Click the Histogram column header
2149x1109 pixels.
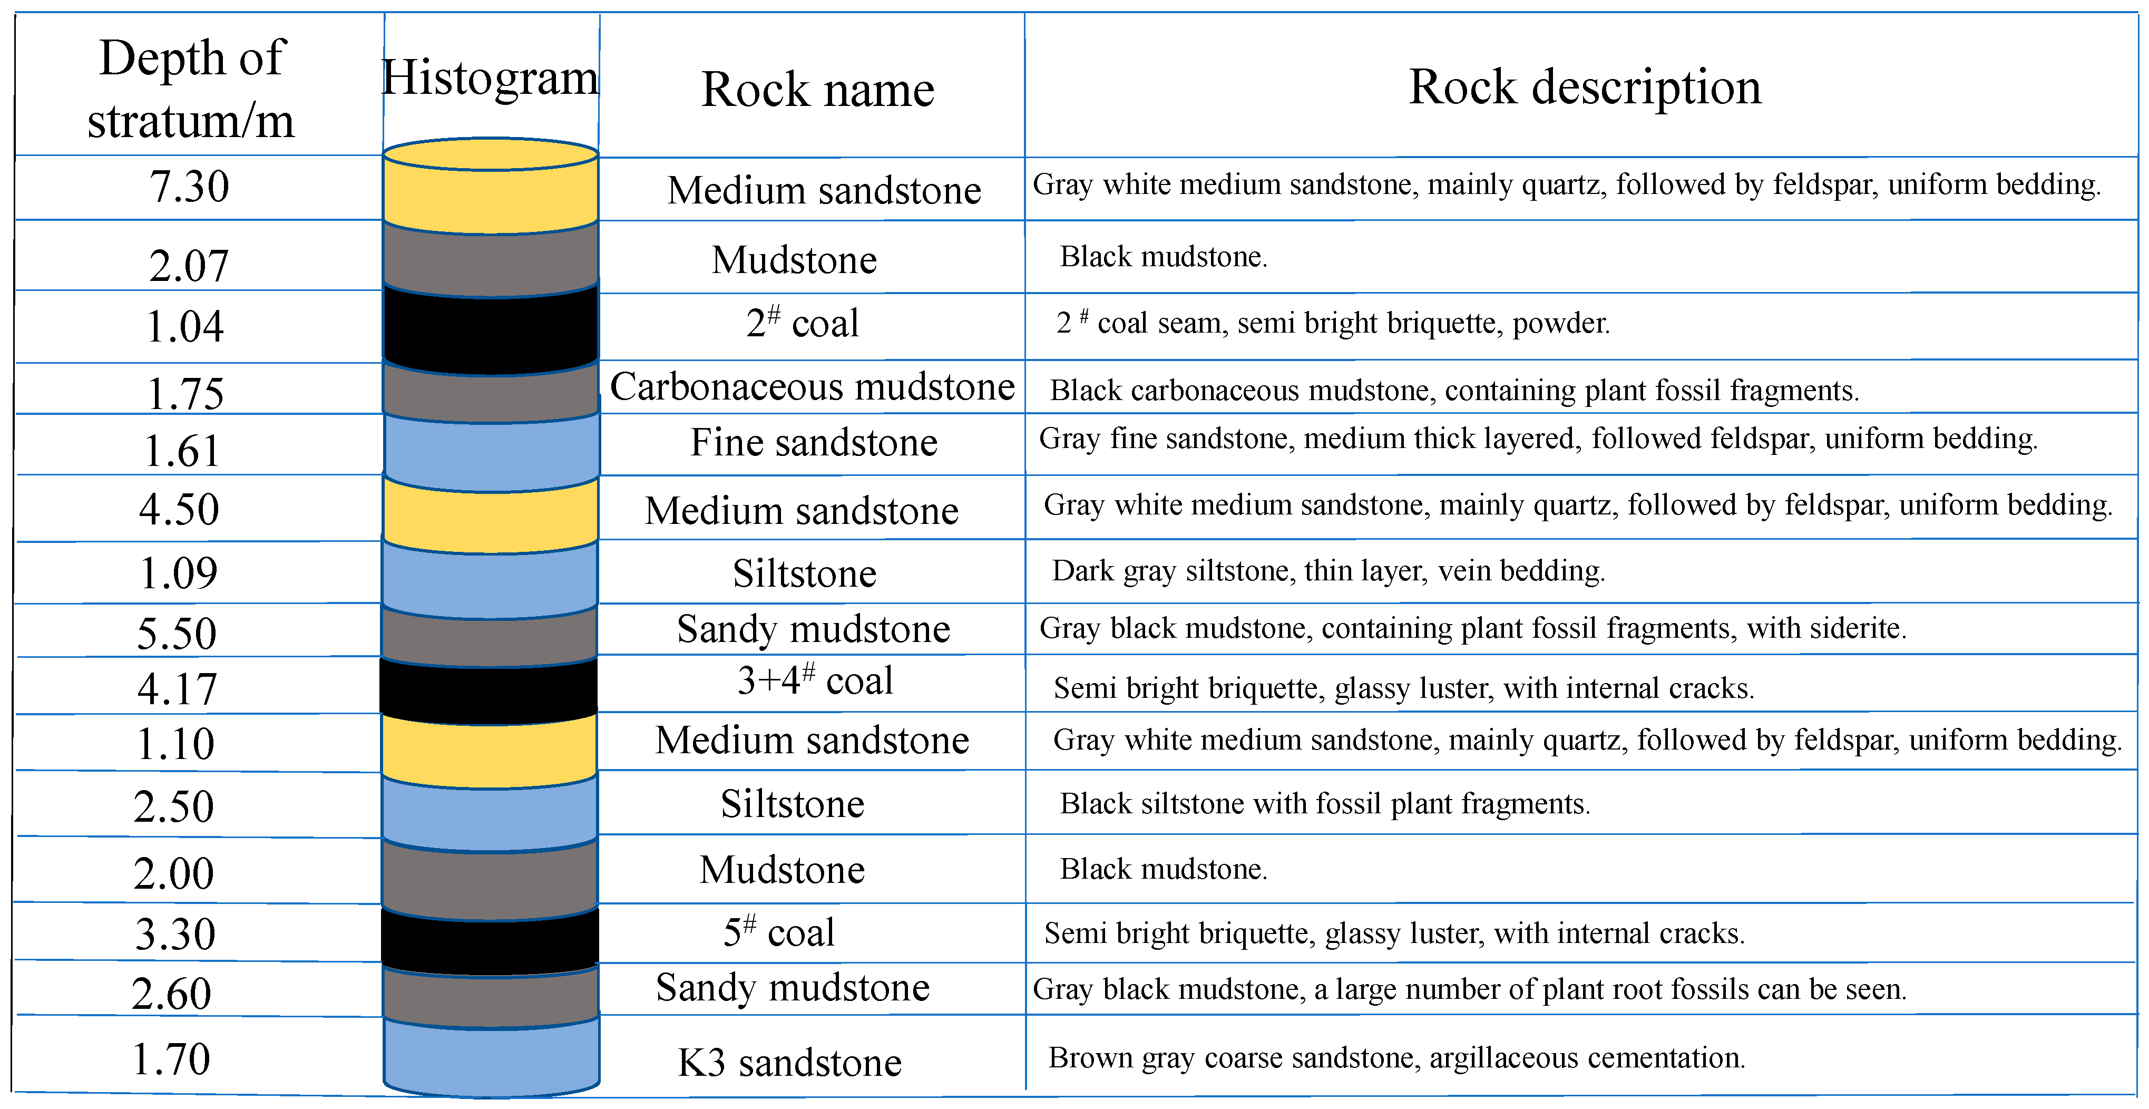click(491, 79)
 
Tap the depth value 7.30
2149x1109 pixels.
click(189, 186)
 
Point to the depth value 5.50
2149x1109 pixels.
click(177, 634)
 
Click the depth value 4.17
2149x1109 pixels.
click(177, 689)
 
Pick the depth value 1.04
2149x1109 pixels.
click(185, 326)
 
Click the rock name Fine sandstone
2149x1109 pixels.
click(813, 442)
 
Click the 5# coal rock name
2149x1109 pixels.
click(778, 932)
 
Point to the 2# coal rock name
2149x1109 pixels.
click(802, 323)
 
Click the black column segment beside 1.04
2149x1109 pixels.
click(491, 327)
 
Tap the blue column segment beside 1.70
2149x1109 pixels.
click(491, 1056)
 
